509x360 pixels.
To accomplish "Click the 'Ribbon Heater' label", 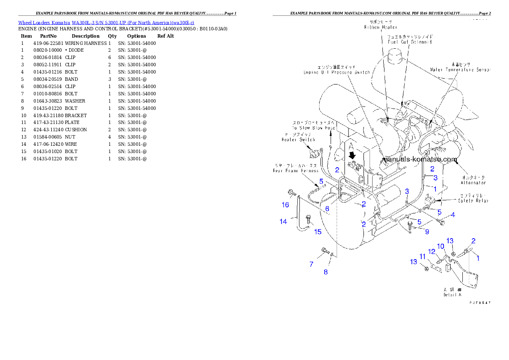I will click(375, 27).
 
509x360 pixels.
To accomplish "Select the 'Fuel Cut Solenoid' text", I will click(410, 42).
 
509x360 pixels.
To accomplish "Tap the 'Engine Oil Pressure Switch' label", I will click(337, 73).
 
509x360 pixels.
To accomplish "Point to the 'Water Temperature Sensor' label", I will click(459, 69).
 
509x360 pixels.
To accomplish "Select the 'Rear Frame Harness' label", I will click(296, 171).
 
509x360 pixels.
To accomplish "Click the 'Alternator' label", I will click(473, 183).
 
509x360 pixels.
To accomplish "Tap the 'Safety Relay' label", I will click(473, 201).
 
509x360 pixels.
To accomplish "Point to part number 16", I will click(285, 205).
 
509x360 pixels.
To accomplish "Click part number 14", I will click(283, 221).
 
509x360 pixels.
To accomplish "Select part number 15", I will click(318, 232).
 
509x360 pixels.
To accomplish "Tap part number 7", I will click(311, 264).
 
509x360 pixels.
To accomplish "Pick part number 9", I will click(427, 232).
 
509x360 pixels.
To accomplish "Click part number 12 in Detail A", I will click(432, 251).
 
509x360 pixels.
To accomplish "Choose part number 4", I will click(453, 214).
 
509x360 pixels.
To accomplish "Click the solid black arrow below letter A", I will click(352, 154).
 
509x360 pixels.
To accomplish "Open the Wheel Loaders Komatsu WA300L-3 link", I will click(106, 22).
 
